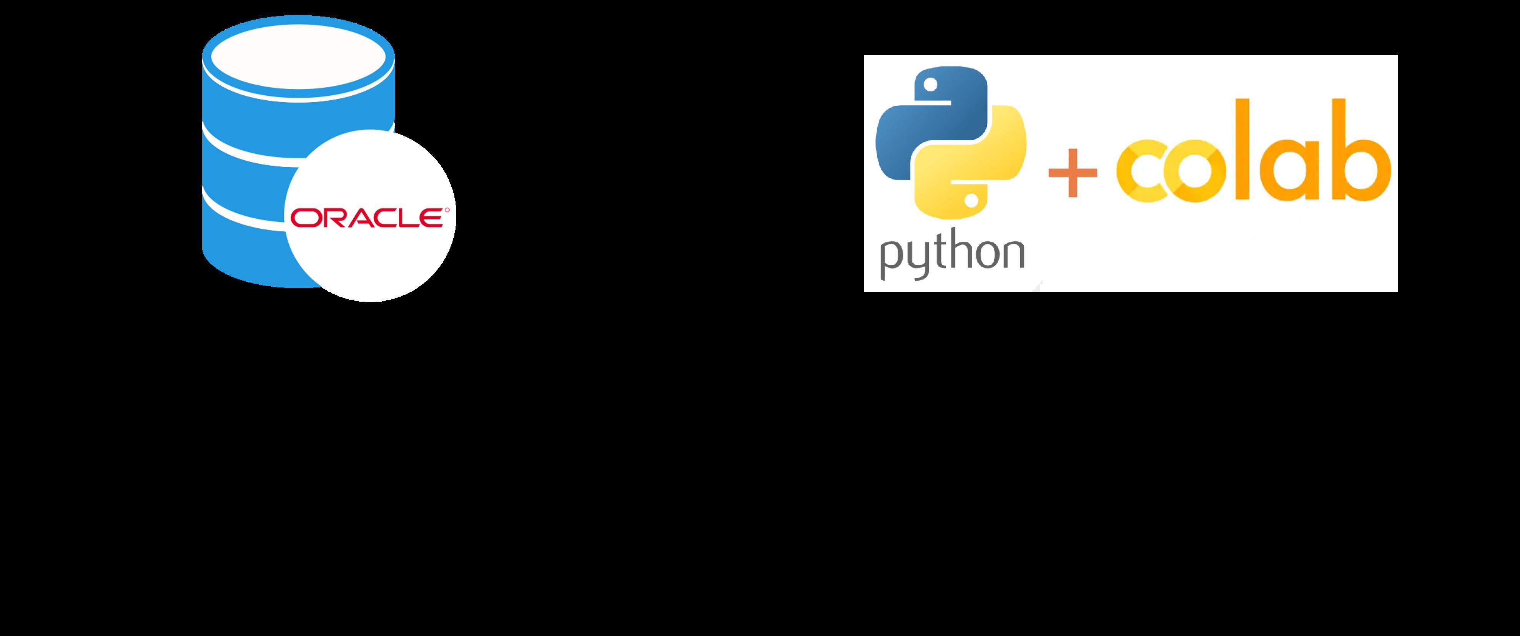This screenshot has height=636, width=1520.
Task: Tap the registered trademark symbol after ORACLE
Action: (x=447, y=209)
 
